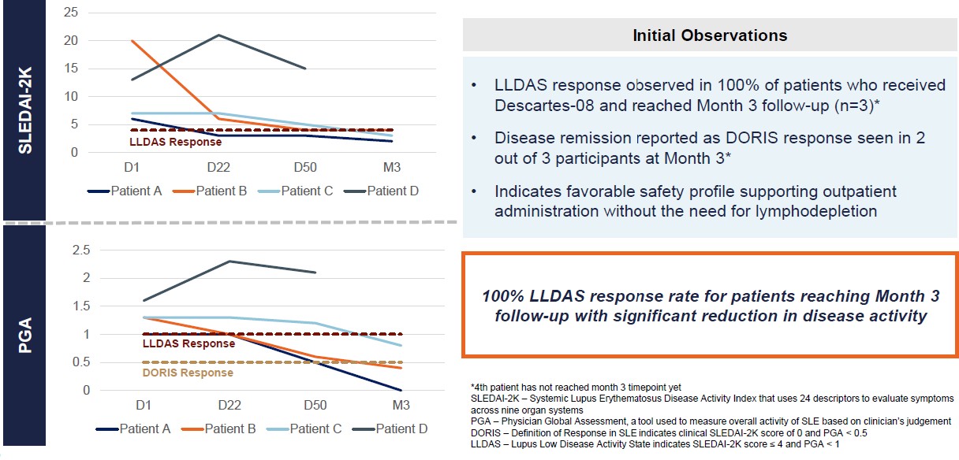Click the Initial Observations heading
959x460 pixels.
710,35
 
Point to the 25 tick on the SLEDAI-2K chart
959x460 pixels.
70,13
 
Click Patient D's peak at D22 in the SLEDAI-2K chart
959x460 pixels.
218,35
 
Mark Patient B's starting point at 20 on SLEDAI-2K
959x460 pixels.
132,41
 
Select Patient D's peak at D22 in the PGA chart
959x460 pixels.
229,262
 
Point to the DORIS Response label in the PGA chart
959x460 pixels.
188,373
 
